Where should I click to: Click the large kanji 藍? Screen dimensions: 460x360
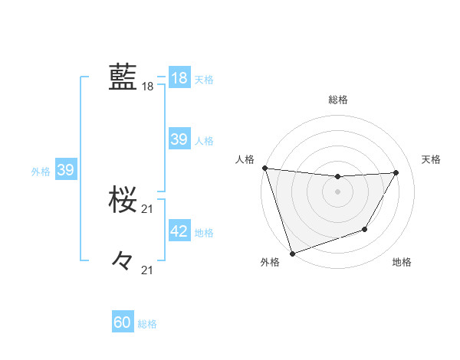point(123,78)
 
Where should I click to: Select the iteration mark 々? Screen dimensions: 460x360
point(123,261)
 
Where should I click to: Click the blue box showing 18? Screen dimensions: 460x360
point(179,78)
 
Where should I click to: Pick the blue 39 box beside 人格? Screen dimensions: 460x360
point(179,139)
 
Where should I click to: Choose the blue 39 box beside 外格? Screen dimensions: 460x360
point(65,170)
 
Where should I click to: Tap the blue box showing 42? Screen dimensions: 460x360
point(179,231)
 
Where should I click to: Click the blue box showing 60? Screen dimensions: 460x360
point(123,322)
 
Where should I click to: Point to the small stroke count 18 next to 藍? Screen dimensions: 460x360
point(148,87)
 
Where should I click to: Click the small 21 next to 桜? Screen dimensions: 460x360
point(148,209)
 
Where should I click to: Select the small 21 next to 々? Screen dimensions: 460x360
point(148,270)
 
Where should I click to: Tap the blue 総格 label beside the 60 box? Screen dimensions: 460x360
point(147,324)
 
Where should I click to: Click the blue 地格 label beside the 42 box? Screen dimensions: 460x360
point(204,233)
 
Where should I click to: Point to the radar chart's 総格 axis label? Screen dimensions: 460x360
point(338,100)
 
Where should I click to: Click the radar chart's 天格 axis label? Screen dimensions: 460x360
point(432,159)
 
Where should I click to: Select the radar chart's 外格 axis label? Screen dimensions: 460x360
point(270,262)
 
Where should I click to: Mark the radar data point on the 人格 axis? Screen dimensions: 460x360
point(264,168)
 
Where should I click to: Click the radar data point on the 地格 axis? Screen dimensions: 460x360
point(365,229)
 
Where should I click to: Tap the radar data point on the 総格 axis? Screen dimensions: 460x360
point(338,177)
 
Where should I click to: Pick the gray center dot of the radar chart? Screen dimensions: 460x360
point(338,191)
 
